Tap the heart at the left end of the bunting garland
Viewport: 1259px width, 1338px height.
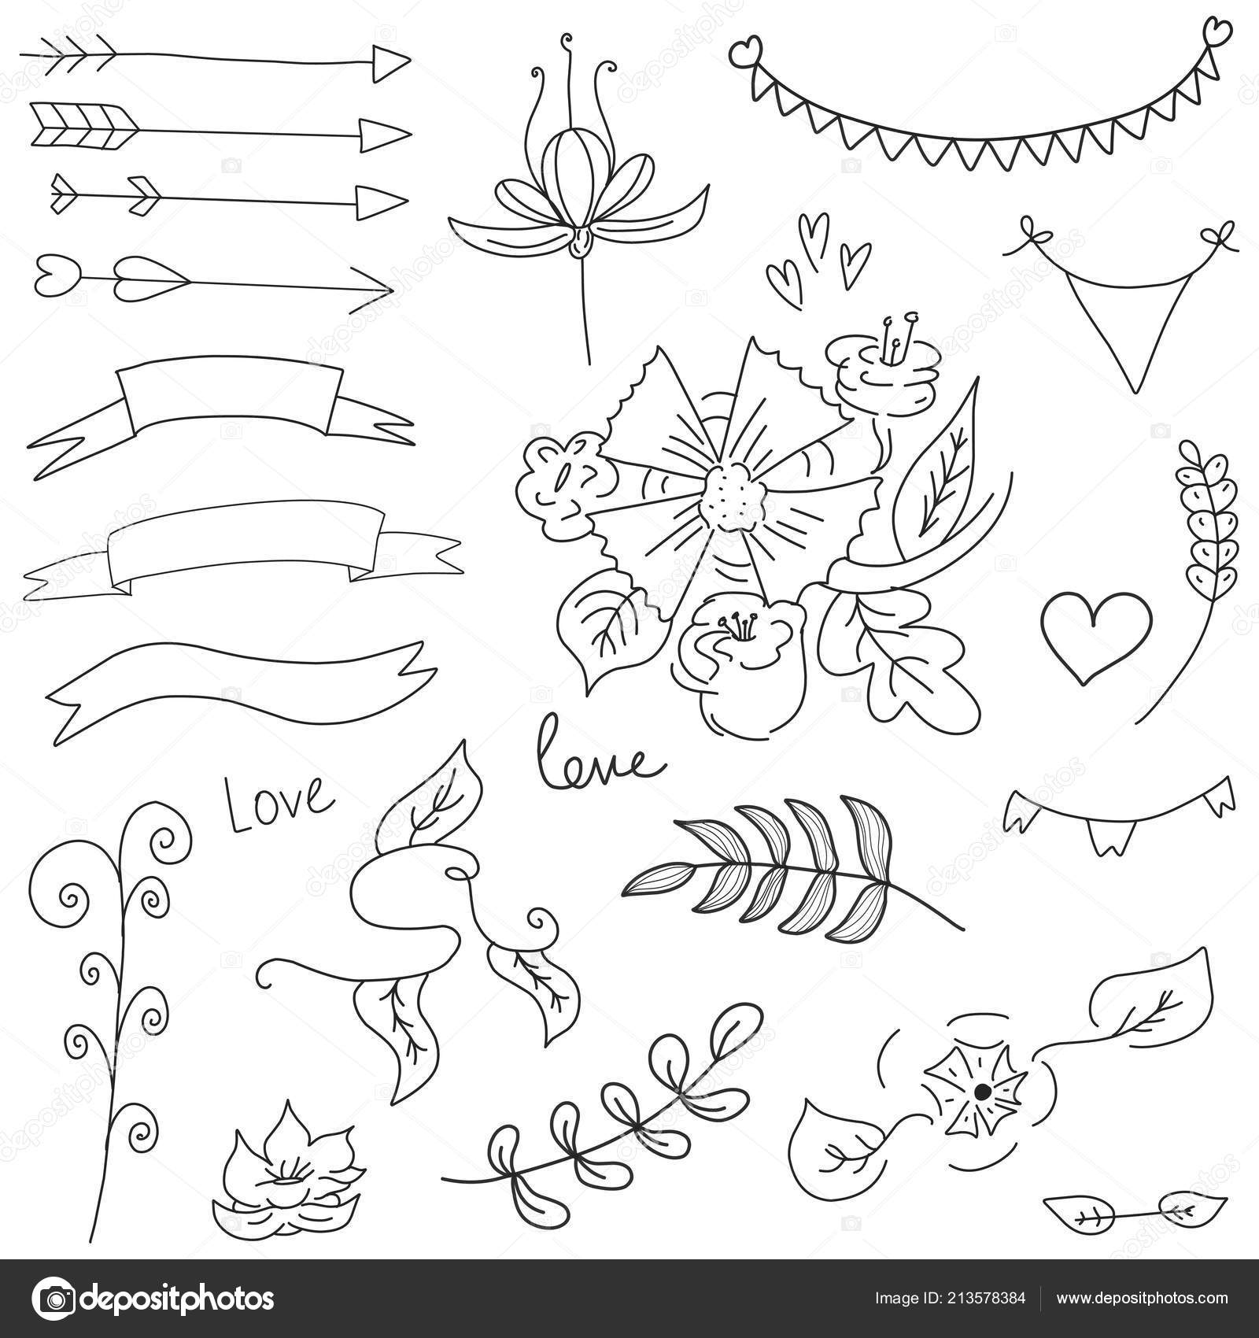742,54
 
